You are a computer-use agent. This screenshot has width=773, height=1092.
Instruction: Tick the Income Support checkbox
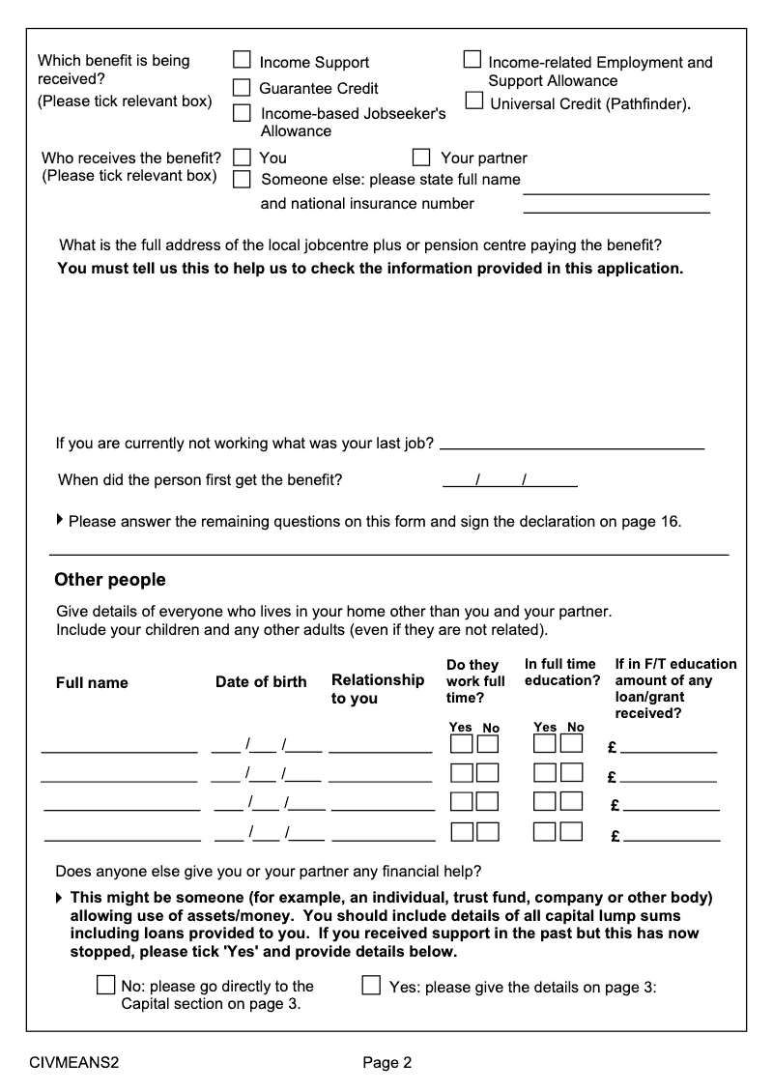pos(242,61)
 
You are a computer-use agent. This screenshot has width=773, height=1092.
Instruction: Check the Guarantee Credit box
pos(242,88)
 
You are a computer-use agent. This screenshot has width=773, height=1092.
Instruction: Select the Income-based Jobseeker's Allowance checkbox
pos(242,113)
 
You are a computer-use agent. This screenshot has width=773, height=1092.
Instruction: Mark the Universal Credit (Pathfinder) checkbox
pos(474,101)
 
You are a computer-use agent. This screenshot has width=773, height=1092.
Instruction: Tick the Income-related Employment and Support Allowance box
pos(472,60)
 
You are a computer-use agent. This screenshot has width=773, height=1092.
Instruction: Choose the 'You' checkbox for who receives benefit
pos(243,157)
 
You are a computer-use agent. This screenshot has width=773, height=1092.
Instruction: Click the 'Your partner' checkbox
pos(420,157)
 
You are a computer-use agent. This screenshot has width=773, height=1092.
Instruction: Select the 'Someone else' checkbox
pos(243,179)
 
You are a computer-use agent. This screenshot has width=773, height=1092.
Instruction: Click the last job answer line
pos(571,447)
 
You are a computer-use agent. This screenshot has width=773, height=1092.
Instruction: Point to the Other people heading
pos(110,580)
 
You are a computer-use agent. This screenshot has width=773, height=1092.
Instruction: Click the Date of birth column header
pos(261,682)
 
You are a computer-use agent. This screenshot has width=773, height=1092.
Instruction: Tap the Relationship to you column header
pos(378,689)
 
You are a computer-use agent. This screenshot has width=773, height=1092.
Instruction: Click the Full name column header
pos(92,683)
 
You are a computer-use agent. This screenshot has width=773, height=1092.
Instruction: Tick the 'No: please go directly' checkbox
pos(105,986)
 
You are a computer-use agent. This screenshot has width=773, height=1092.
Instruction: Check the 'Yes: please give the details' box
pos(371,986)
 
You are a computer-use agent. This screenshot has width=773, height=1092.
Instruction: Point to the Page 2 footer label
pos(387,1063)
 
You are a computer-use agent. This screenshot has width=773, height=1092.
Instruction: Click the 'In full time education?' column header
pos(562,673)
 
